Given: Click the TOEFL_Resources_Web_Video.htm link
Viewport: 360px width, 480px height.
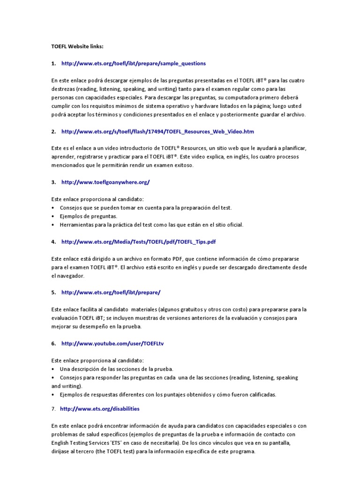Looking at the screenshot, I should pyautogui.click(x=157, y=132).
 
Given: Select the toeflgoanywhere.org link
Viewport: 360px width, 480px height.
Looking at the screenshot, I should pyautogui.click(x=105, y=182).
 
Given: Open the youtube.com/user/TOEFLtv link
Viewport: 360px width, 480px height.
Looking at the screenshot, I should pyautogui.click(x=112, y=344).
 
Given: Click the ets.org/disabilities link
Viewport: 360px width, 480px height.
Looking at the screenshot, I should pyautogui.click(x=100, y=409).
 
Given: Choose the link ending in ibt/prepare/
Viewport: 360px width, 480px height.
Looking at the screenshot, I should pyautogui.click(x=111, y=292).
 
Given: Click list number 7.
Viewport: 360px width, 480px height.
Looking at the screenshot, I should pyautogui.click(x=53, y=409).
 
